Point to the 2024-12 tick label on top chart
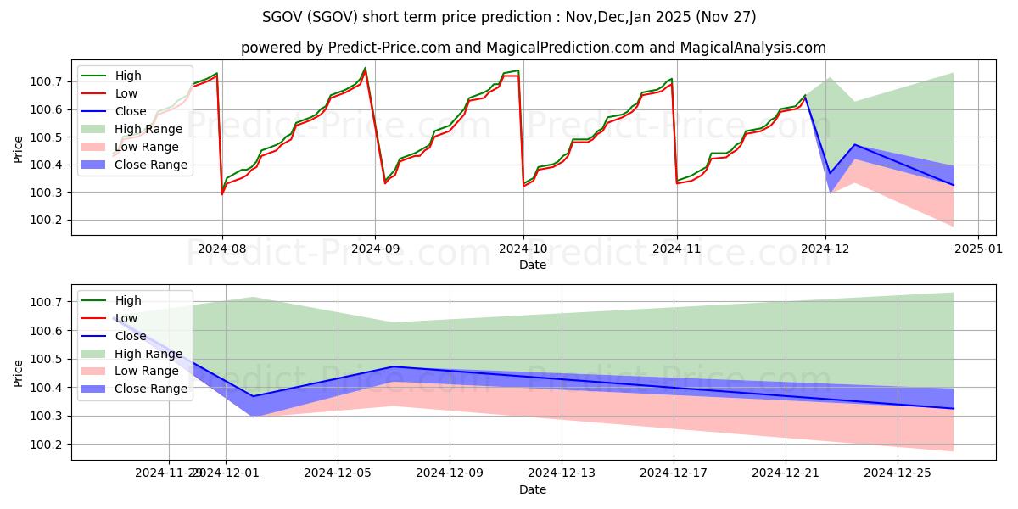click(825, 249)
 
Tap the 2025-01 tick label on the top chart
click(978, 249)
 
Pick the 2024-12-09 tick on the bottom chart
click(450, 473)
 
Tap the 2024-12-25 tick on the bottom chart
click(898, 473)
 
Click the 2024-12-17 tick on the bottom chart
click(674, 473)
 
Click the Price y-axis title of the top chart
click(19, 148)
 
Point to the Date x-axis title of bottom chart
click(533, 489)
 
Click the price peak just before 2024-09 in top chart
click(366, 68)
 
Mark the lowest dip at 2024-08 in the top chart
click(222, 194)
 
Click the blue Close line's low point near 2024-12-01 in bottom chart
click(253, 396)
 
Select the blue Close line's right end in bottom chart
click(954, 409)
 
